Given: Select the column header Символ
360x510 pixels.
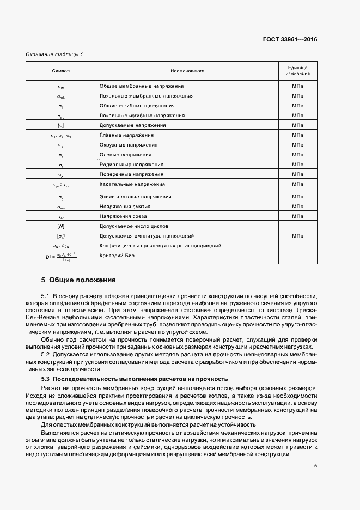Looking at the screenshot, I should (x=61, y=71).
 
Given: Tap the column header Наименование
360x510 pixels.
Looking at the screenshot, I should (x=187, y=71).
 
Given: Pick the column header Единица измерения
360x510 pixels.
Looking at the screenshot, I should (x=297, y=71).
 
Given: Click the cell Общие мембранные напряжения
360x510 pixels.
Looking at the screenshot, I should (x=141, y=86).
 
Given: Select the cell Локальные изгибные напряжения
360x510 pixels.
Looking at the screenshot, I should (x=142, y=116).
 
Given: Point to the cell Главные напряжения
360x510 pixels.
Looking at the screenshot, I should (x=126, y=135).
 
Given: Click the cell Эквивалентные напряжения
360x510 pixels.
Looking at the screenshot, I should (x=134, y=197).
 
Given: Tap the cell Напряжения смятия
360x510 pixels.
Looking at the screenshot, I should (x=125, y=207).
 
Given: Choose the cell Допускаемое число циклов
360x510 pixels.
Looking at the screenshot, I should (x=133, y=226).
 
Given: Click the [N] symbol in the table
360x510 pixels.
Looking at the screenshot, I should (x=61, y=226).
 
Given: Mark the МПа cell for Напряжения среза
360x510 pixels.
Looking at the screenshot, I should (x=297, y=216).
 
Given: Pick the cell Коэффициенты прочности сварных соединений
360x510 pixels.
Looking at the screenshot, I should (x=160, y=246).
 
